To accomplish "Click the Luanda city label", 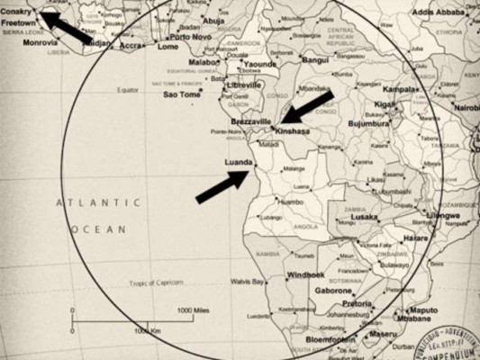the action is click(238, 162).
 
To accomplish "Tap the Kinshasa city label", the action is click(294, 130).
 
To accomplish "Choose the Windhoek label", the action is click(304, 274).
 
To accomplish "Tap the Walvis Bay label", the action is click(247, 281).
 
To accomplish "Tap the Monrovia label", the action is click(41, 41).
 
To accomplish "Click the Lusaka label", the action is click(364, 217).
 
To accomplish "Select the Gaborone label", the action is click(332, 291).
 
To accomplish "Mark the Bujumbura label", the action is click(367, 122).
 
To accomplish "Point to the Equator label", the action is click(128, 90).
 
